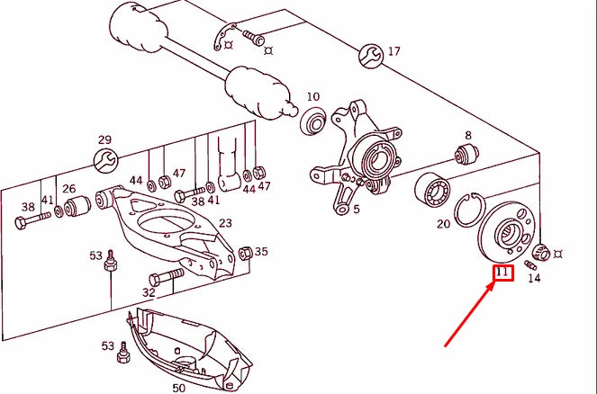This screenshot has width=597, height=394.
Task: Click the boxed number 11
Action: (502, 273)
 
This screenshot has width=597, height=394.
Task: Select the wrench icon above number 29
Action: (104, 161)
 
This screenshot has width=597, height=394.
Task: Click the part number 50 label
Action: (178, 387)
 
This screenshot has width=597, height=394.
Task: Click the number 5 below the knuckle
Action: (356, 210)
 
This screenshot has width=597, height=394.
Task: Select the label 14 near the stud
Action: (534, 278)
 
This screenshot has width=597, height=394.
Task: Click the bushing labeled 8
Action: (466, 156)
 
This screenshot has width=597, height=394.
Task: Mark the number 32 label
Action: (149, 292)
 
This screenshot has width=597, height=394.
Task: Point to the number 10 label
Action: (312, 96)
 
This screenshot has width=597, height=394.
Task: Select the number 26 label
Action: (70, 190)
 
